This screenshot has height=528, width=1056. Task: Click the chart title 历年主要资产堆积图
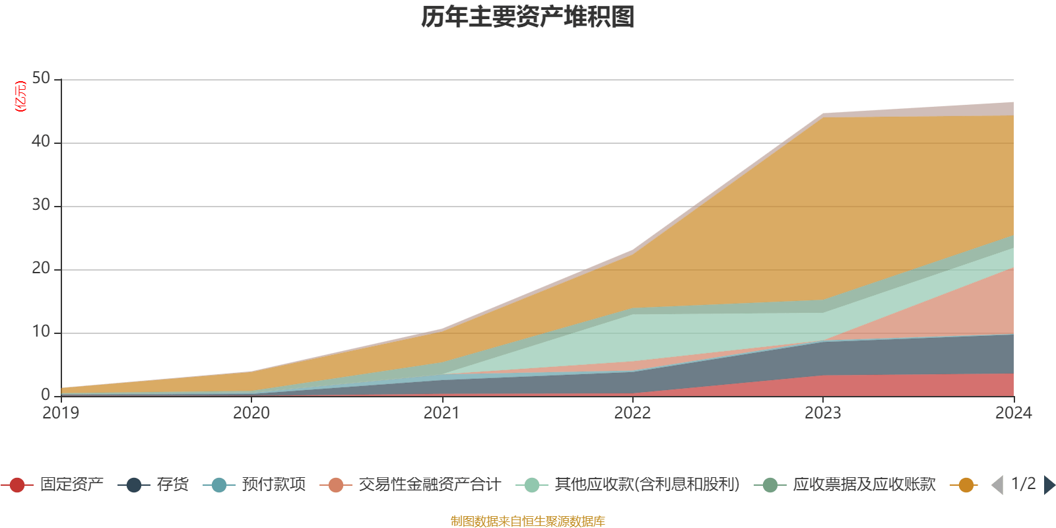(x=528, y=17)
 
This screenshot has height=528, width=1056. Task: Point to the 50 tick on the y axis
(x=41, y=79)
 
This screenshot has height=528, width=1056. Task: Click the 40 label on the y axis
(x=41, y=142)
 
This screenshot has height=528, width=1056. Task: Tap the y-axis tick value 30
(x=41, y=205)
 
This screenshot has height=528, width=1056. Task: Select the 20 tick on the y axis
(x=41, y=269)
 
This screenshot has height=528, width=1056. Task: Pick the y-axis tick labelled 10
(x=41, y=332)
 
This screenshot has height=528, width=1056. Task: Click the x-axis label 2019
(x=61, y=413)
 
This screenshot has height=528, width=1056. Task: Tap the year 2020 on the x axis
(x=251, y=413)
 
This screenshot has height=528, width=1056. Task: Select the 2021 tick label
(x=442, y=413)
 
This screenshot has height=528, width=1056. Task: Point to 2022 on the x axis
(x=632, y=413)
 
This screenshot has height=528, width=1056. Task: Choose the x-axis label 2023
(x=822, y=413)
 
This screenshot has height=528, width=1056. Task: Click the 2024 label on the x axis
(x=1013, y=413)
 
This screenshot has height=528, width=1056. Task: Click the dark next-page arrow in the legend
(x=1049, y=485)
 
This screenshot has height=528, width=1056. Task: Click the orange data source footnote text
(x=528, y=521)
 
